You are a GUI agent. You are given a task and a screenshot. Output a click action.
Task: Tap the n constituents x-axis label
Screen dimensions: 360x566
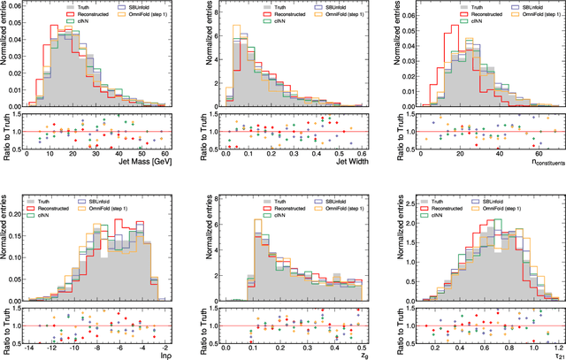click(x=531, y=162)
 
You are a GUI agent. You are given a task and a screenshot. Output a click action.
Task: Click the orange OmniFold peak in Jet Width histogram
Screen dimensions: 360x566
click(x=236, y=27)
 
